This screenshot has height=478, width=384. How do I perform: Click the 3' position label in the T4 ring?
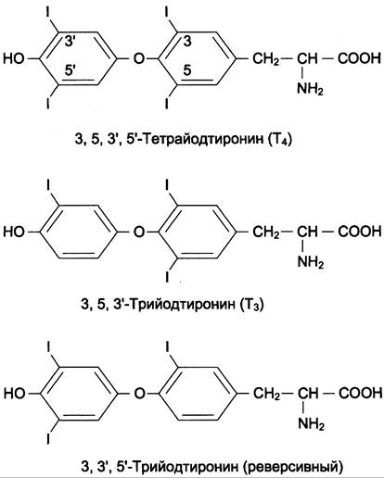click(x=70, y=41)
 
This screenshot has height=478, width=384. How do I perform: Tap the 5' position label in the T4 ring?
click(x=70, y=70)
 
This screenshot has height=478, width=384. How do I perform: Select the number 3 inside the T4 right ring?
click(x=187, y=41)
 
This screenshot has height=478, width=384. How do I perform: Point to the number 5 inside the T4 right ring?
click(x=187, y=70)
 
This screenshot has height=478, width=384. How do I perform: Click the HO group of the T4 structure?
click(x=14, y=58)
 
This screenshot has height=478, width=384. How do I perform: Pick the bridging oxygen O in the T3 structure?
click(x=139, y=231)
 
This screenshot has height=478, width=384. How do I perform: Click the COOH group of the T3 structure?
click(x=359, y=231)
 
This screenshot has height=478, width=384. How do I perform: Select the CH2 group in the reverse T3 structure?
click(x=266, y=394)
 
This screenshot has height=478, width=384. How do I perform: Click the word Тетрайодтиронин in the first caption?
click(x=203, y=140)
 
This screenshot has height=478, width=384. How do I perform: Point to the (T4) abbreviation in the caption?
click(x=280, y=140)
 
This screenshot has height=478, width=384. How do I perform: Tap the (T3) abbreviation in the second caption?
click(x=251, y=305)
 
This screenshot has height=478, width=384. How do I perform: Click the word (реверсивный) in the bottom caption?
click(x=293, y=467)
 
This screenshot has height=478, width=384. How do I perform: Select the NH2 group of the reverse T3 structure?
click(x=311, y=424)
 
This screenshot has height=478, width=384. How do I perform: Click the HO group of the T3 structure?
click(x=14, y=231)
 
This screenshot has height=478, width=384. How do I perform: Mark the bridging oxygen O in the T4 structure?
click(x=139, y=58)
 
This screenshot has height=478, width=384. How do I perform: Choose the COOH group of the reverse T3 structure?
click(x=360, y=393)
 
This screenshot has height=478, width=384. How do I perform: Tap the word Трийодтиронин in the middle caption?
click(x=182, y=305)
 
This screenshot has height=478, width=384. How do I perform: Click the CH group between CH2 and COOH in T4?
click(x=308, y=58)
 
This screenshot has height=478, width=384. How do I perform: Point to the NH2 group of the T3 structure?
click(x=310, y=262)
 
